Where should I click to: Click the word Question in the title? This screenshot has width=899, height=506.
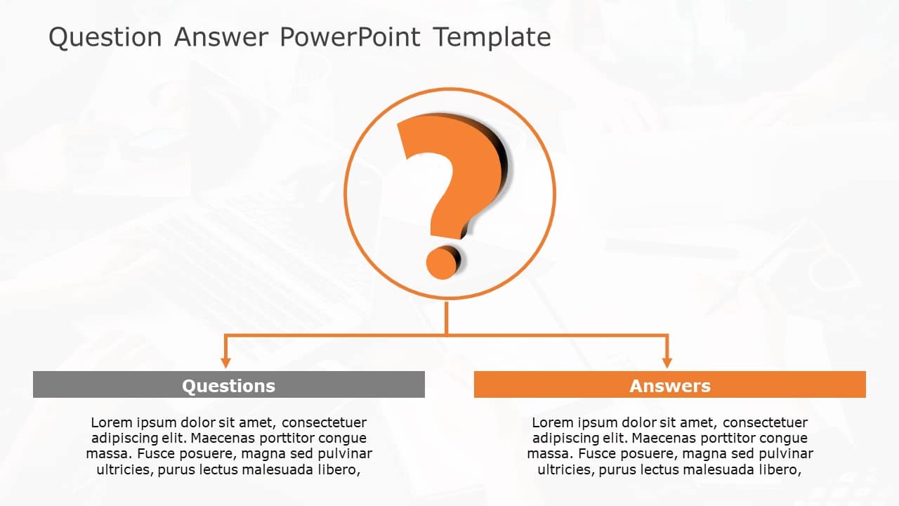tap(105, 37)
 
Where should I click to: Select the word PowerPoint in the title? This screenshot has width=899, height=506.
tap(350, 37)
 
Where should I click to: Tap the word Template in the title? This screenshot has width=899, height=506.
tap(492, 37)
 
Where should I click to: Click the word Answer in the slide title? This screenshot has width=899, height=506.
tap(221, 37)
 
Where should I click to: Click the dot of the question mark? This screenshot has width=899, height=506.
tap(442, 261)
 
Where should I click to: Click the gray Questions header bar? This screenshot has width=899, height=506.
tap(228, 385)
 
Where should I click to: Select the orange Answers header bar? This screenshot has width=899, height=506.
tap(669, 385)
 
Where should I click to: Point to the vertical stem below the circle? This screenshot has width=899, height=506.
tap(446, 318)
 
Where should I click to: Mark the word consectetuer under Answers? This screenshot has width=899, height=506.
tap(765, 423)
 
